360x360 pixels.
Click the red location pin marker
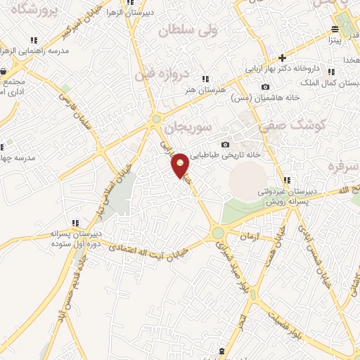(x=181, y=165)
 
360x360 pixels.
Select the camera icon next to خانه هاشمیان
(x=264, y=87)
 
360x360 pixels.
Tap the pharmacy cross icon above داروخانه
(x=282, y=58)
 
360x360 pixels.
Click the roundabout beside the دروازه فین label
(x=155, y=120)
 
